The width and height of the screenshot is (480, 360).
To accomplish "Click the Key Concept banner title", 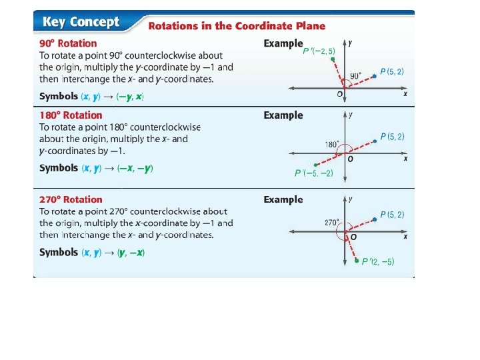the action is point(81,22).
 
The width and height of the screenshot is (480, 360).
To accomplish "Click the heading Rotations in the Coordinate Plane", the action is point(237,26).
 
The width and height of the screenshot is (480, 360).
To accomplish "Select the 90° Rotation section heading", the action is point(68,43).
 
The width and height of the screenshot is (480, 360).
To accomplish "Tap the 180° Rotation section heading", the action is point(71,115).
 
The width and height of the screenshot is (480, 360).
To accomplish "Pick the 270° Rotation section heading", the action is point(71,199).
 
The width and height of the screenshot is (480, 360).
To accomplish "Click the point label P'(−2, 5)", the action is point(319,51).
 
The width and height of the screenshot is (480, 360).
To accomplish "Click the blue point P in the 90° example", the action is point(375,76).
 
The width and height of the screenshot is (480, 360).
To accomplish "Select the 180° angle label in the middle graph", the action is point(332,145).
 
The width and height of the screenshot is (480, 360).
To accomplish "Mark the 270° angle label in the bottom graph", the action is point(332,223).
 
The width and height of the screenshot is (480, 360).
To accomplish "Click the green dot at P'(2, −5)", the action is point(357,260).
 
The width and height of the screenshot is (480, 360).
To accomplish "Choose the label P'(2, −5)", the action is point(378,262).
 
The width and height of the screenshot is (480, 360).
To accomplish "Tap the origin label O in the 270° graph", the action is point(353,237).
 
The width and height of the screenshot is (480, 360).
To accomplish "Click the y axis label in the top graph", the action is point(351,43).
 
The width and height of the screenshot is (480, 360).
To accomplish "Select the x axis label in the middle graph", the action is point(405,159).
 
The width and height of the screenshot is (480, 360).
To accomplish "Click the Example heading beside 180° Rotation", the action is point(283,115).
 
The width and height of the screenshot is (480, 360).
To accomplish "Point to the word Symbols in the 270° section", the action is point(58,252).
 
